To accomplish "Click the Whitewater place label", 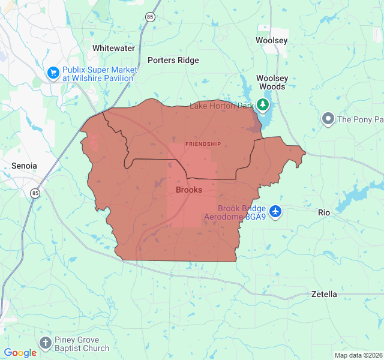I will click(x=113, y=47).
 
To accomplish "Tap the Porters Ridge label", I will click(x=173, y=60).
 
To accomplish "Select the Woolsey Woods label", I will click(x=272, y=82).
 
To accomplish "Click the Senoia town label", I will click(x=24, y=165).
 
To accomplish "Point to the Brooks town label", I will click(x=188, y=190).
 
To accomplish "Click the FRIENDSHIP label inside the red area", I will click(x=203, y=144).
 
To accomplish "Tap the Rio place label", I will click(x=324, y=212).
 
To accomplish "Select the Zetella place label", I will click(x=324, y=294).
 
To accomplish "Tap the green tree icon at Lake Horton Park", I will click(x=263, y=105).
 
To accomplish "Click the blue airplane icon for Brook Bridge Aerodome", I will click(x=275, y=211).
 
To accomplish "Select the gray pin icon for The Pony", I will click(x=328, y=119).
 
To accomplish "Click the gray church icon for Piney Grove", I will click(x=45, y=343).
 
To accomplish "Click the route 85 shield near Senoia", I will click(x=36, y=193).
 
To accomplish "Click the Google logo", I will click(x=20, y=353).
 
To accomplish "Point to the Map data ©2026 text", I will click(x=358, y=355).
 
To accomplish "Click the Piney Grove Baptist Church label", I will click(x=82, y=344).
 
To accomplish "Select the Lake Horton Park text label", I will click(x=222, y=106).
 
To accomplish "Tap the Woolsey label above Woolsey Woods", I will click(x=272, y=40).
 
